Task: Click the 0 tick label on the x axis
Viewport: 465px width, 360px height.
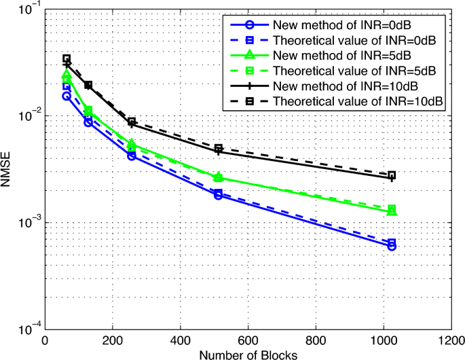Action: [x=45, y=342]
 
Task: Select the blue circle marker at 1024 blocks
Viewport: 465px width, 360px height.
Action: [x=392, y=246]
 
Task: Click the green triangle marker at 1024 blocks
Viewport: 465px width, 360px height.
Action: [x=392, y=211]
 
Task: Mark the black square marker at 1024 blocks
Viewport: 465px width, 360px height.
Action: [x=392, y=175]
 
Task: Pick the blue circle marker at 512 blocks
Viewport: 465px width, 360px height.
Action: [x=219, y=195]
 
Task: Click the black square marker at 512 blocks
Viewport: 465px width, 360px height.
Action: [x=219, y=148]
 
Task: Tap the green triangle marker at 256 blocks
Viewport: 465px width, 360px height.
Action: [x=132, y=143]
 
